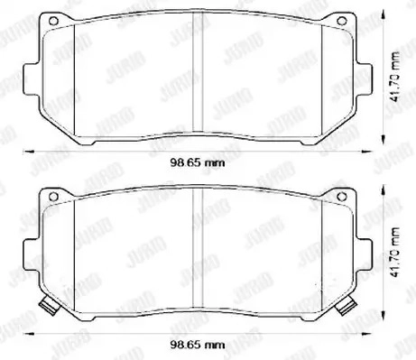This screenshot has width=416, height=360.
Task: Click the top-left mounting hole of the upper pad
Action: (x=53, y=21)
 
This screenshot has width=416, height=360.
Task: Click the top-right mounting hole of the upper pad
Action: (x=341, y=21)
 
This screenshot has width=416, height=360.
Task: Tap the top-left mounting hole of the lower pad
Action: (x=53, y=197)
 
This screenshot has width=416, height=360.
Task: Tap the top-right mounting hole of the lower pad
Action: (x=341, y=197)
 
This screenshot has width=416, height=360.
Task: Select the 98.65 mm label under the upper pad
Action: (x=198, y=163)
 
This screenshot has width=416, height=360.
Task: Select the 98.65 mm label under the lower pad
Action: (x=198, y=345)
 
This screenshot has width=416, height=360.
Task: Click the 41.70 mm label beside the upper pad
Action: (x=395, y=78)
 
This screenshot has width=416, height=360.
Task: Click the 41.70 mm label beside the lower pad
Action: (x=395, y=252)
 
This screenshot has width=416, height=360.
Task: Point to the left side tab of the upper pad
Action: (x=31, y=78)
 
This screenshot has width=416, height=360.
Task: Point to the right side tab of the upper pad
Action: (x=364, y=78)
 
